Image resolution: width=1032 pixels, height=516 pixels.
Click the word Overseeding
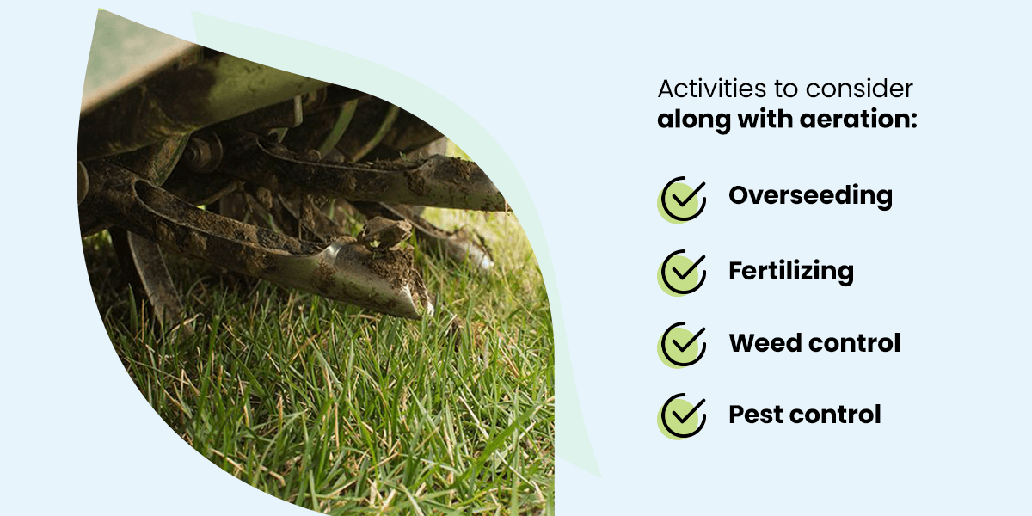(x=810, y=196)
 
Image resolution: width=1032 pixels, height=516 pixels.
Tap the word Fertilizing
(x=791, y=271)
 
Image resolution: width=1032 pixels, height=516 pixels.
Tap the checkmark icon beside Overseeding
(x=682, y=200)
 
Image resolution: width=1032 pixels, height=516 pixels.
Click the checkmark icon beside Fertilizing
(x=682, y=273)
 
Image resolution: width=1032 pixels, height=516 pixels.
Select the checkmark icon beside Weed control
(x=682, y=345)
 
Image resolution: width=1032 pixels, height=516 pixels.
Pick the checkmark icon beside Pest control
(x=682, y=416)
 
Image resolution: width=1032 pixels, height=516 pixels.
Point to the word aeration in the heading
(x=859, y=120)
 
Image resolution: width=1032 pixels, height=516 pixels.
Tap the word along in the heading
(x=694, y=120)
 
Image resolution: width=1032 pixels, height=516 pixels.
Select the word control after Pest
(x=835, y=415)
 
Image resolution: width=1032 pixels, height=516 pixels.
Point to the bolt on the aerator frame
(x=204, y=152)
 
